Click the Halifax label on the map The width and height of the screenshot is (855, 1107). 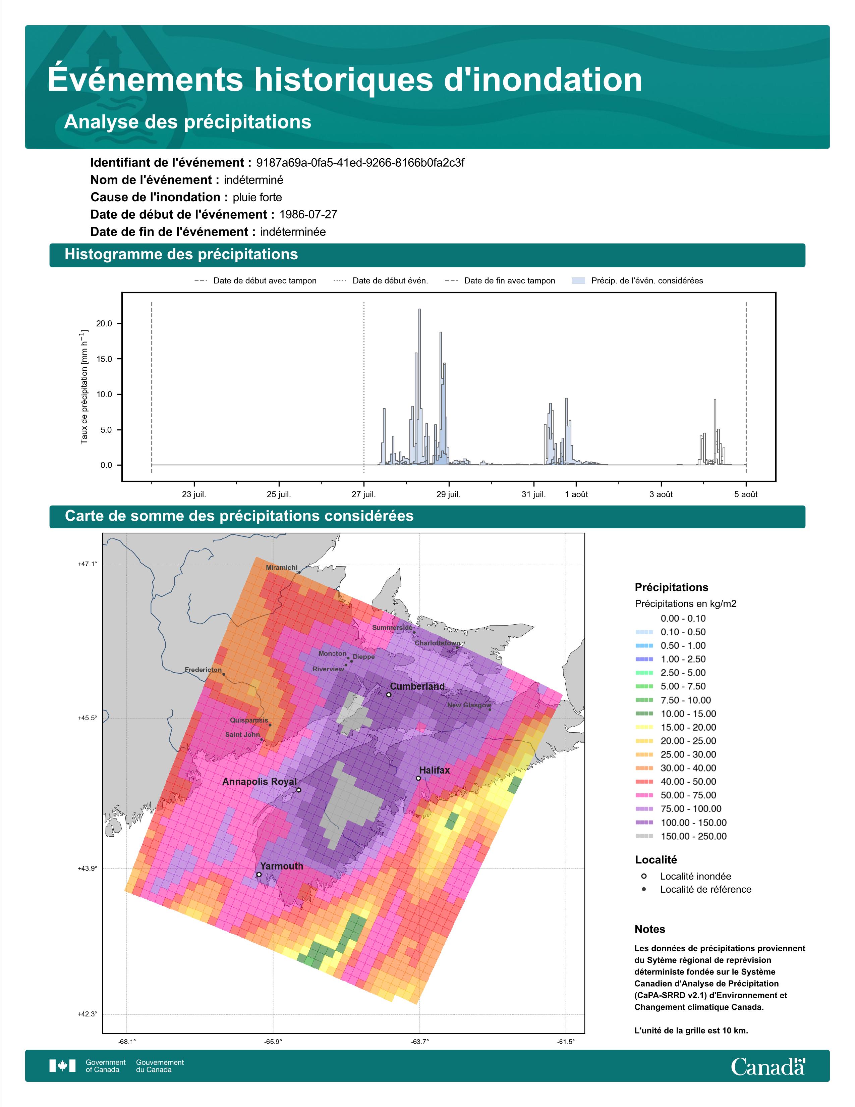coord(434,771)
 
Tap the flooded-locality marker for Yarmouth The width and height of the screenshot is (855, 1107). coord(259,874)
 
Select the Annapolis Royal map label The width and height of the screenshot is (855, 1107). coord(259,782)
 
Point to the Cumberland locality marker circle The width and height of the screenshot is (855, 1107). coord(389,695)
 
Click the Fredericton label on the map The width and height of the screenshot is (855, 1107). coord(203,670)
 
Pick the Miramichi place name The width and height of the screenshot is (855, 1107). coord(282,568)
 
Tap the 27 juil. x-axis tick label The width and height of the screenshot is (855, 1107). coord(364,494)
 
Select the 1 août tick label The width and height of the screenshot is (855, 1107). coord(576,494)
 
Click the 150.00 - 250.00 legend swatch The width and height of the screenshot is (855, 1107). coord(644,836)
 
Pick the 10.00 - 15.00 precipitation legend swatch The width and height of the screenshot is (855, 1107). coord(644,714)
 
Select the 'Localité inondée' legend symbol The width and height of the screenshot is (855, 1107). coord(644,876)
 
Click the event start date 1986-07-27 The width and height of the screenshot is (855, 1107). coord(308,214)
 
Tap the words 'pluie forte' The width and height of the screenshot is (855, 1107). coord(257,197)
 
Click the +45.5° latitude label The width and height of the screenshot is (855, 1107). coord(87,718)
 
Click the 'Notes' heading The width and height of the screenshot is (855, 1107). coord(649,929)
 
